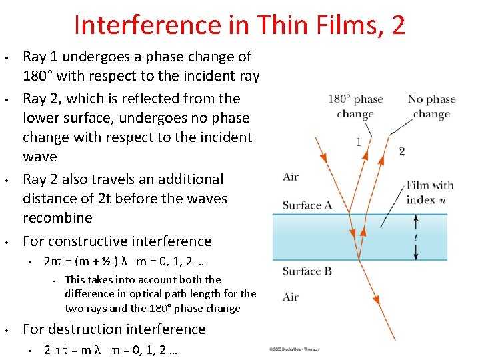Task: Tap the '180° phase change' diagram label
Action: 355,106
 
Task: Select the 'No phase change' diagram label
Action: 431,106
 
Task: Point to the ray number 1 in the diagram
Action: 359,141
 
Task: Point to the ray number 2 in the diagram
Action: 401,151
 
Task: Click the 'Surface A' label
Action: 307,205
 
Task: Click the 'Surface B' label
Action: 307,271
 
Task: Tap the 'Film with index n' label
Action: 430,193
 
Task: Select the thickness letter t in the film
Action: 417,237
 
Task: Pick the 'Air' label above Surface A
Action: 291,177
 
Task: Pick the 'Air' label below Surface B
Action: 291,297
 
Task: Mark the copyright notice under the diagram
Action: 294,349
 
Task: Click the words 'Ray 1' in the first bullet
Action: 39,57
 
